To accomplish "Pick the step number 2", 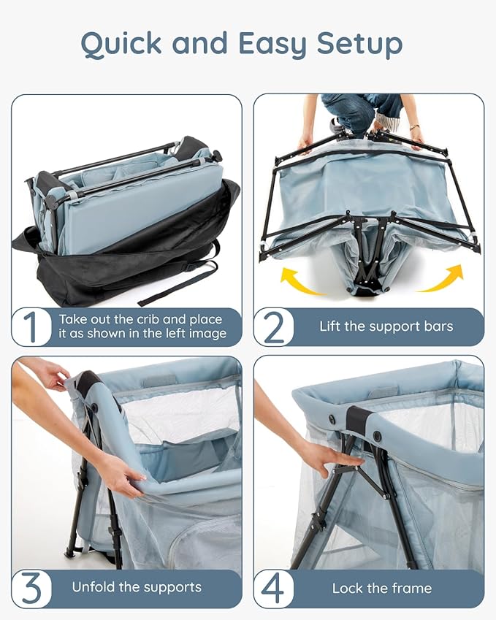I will pyautogui.click(x=274, y=327).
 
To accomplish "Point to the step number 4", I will pyautogui.click(x=274, y=589).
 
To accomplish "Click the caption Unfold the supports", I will pyautogui.click(x=136, y=587).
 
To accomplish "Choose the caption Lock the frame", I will pyautogui.click(x=381, y=588).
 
